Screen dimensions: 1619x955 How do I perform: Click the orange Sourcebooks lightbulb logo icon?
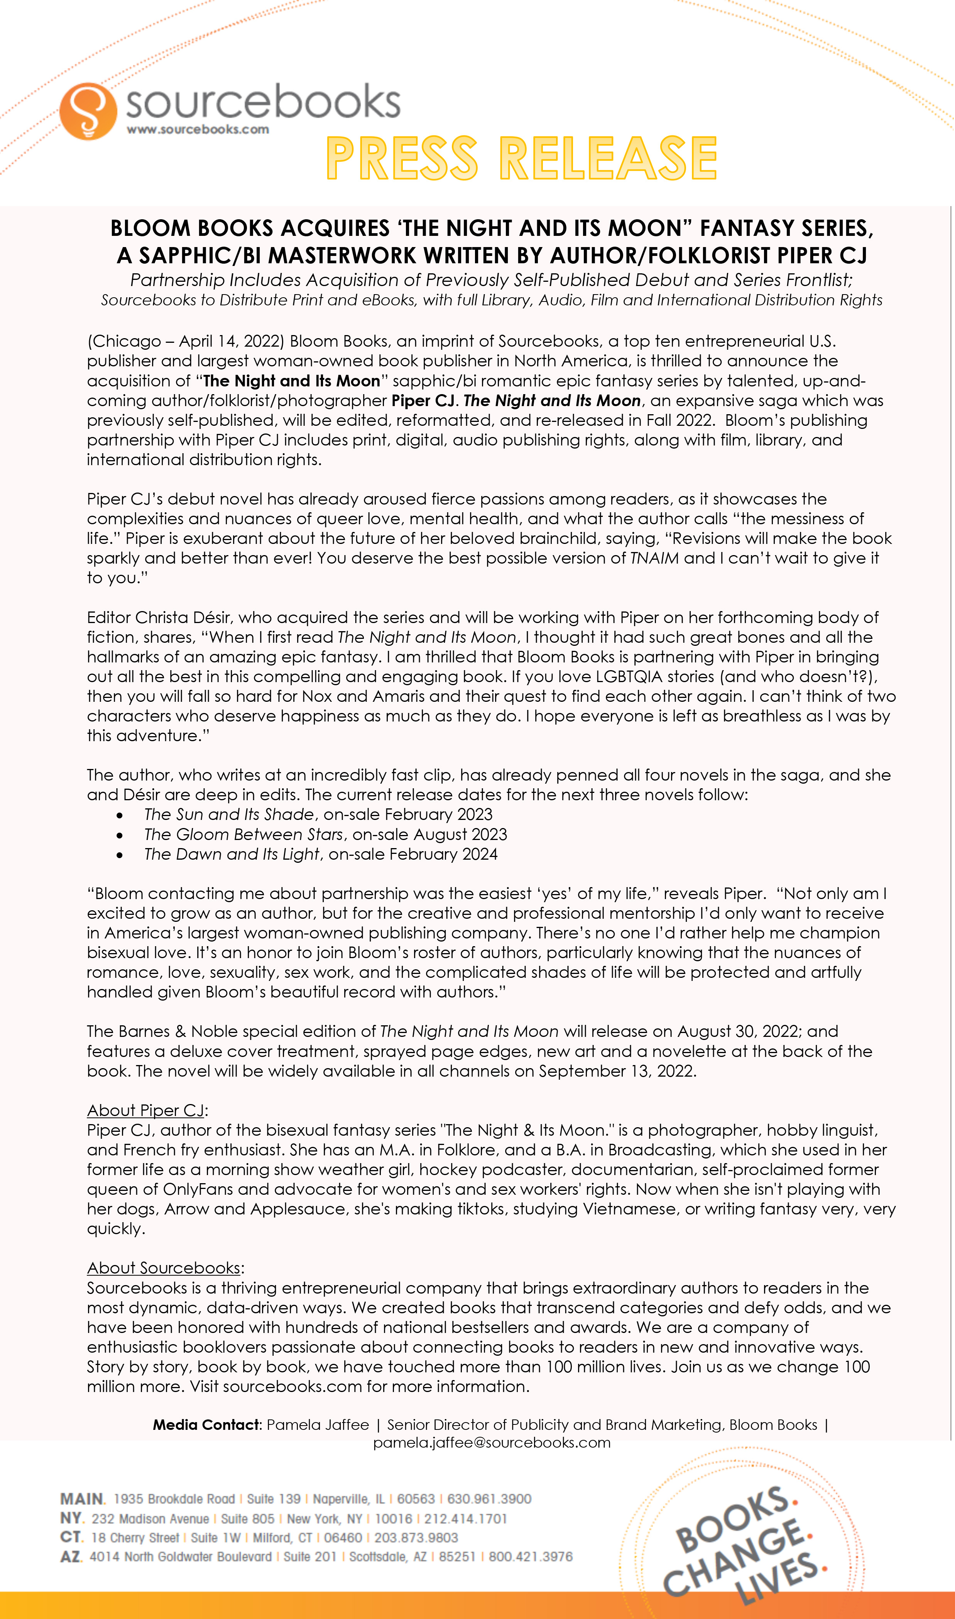[x=88, y=111]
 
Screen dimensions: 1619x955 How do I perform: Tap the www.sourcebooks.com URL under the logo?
[x=198, y=129]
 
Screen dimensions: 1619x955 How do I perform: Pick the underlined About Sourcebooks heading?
[x=164, y=1268]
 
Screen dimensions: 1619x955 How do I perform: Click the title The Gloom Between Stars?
[x=243, y=835]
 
